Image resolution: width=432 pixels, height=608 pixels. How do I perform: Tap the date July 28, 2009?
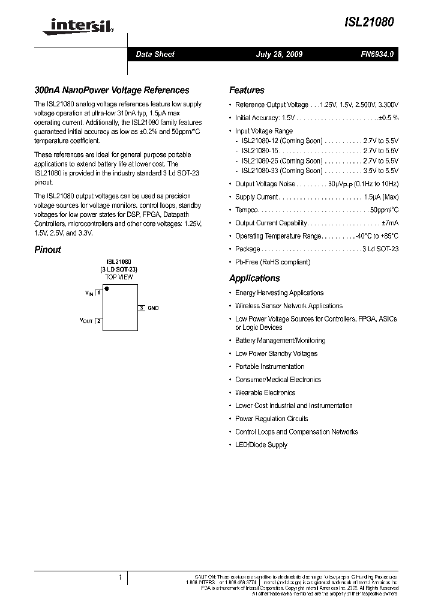pyautogui.click(x=279, y=54)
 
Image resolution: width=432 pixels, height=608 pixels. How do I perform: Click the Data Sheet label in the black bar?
pyautogui.click(x=155, y=54)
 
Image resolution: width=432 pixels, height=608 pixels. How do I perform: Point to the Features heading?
pyautogui.click(x=247, y=90)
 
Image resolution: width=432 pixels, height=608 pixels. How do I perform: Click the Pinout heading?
pyautogui.click(x=47, y=250)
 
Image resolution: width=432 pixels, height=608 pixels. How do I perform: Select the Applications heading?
pyautogui.click(x=254, y=278)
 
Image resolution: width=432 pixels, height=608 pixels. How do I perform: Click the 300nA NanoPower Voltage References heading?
pyautogui.click(x=112, y=90)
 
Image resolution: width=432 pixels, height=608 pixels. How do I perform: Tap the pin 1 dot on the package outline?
pyautogui.click(x=107, y=289)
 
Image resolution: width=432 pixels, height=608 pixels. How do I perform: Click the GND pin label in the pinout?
pyautogui.click(x=153, y=308)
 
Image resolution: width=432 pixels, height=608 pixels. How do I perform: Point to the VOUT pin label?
pyautogui.click(x=86, y=321)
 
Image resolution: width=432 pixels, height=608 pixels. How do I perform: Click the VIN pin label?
pyautogui.click(x=89, y=293)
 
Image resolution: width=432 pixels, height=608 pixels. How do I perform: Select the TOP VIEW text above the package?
pyautogui.click(x=119, y=278)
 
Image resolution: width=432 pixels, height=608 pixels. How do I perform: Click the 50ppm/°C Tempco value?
pyautogui.click(x=384, y=210)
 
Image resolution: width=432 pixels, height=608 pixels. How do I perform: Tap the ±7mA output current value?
pyautogui.click(x=389, y=223)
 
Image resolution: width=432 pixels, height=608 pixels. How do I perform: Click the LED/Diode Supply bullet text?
pyautogui.click(x=261, y=445)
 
